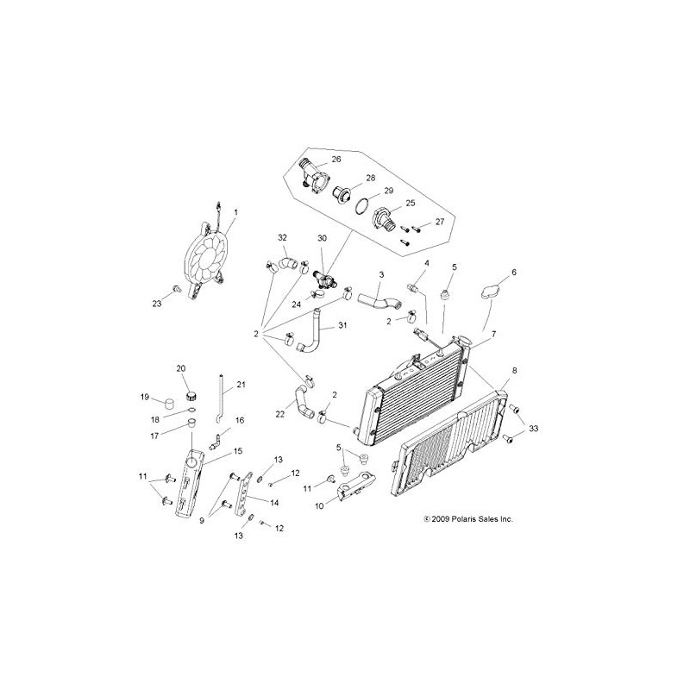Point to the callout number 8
[x=515, y=372]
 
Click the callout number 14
[x=275, y=503]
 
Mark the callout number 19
[x=146, y=397]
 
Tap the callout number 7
[x=492, y=334]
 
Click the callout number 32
[x=282, y=237]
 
